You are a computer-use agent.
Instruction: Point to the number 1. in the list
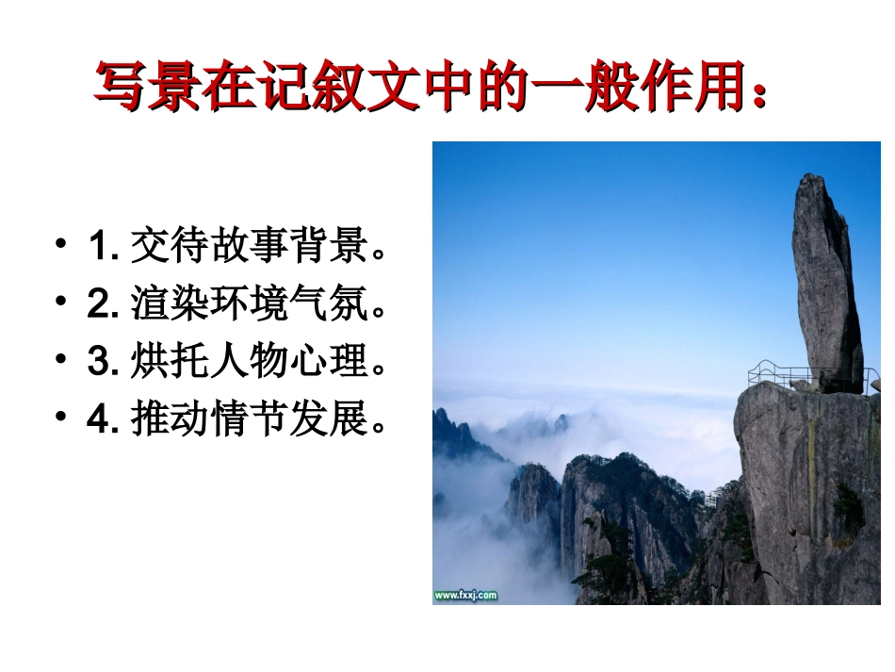(x=102, y=248)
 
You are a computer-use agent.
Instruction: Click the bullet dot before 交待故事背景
(x=62, y=247)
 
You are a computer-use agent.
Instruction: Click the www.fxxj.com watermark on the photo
(x=465, y=595)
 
